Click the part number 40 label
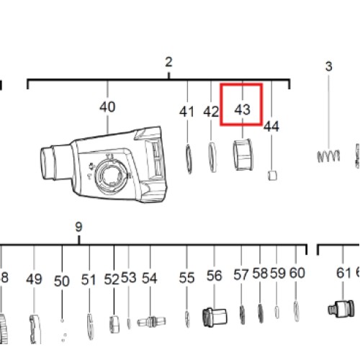pyautogui.click(x=107, y=107)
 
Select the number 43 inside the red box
pyautogui.click(x=243, y=109)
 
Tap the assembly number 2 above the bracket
pyautogui.click(x=168, y=62)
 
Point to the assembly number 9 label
pyautogui.click(x=78, y=227)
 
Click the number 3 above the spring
pyautogui.click(x=329, y=66)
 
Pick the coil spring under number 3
pyautogui.click(x=329, y=156)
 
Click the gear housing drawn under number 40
pyautogui.click(x=104, y=165)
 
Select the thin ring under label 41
pyautogui.click(x=189, y=159)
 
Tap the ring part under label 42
pyautogui.click(x=212, y=157)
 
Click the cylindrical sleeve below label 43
pyautogui.click(x=243, y=155)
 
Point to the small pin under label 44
pyautogui.click(x=272, y=176)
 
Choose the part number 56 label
pyautogui.click(x=214, y=276)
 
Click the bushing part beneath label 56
pyautogui.click(x=215, y=318)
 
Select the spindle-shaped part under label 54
pyautogui.click(x=151, y=322)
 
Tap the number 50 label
pyautogui.click(x=62, y=281)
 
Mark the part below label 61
pyautogui.click(x=341, y=309)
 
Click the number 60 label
pyautogui.click(x=297, y=273)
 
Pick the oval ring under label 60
pyautogui.click(x=297, y=311)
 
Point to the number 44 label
pyautogui.click(x=271, y=126)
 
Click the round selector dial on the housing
pyautogui.click(x=110, y=175)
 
